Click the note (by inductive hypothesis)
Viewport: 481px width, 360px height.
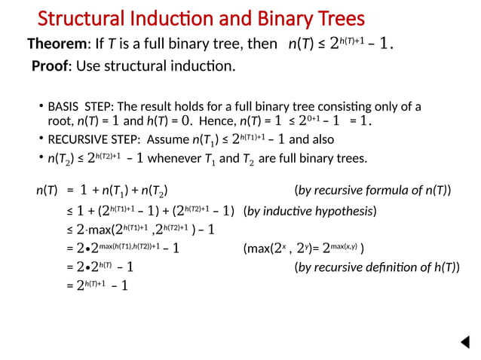(x=310, y=210)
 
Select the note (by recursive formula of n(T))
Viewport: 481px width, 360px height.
(x=372, y=191)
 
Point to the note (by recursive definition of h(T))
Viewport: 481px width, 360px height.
(x=376, y=267)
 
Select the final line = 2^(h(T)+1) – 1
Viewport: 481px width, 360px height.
(x=97, y=285)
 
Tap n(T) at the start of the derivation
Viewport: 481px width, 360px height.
(x=47, y=191)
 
